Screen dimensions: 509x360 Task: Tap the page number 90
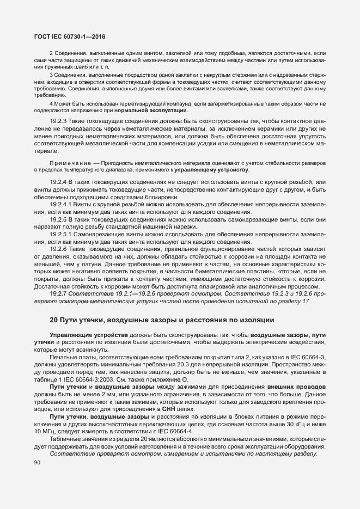coord(38,463)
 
